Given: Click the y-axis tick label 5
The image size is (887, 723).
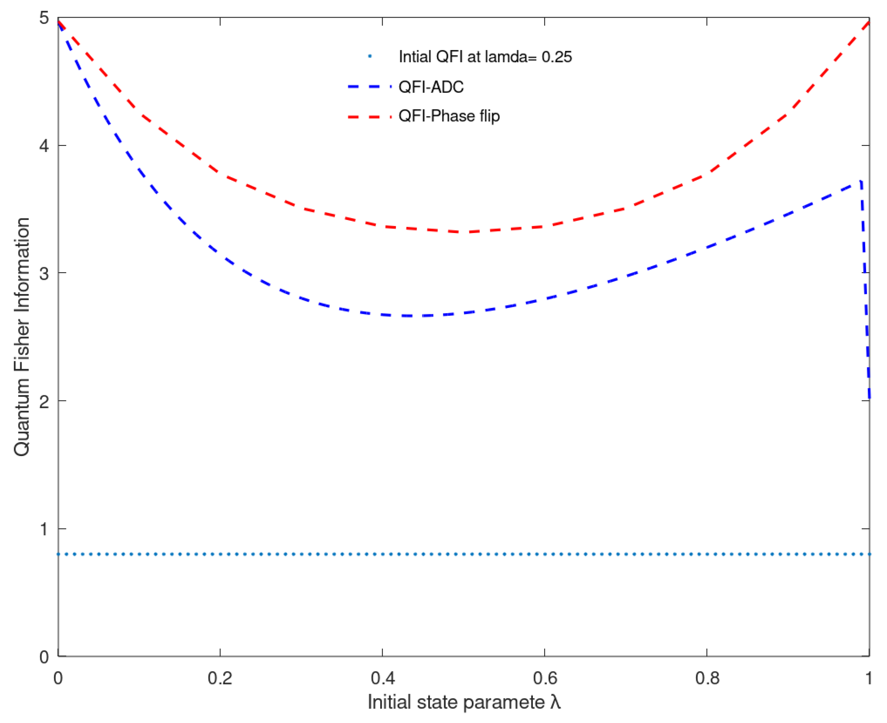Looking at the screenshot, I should coord(44,18).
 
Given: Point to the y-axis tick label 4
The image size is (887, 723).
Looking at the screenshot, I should coord(44,146).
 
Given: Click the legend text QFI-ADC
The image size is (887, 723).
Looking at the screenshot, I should coord(431,87).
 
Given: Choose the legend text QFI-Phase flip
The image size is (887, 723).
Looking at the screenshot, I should coord(449,116).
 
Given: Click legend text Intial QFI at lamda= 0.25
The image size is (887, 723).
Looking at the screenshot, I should coord(485,57).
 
